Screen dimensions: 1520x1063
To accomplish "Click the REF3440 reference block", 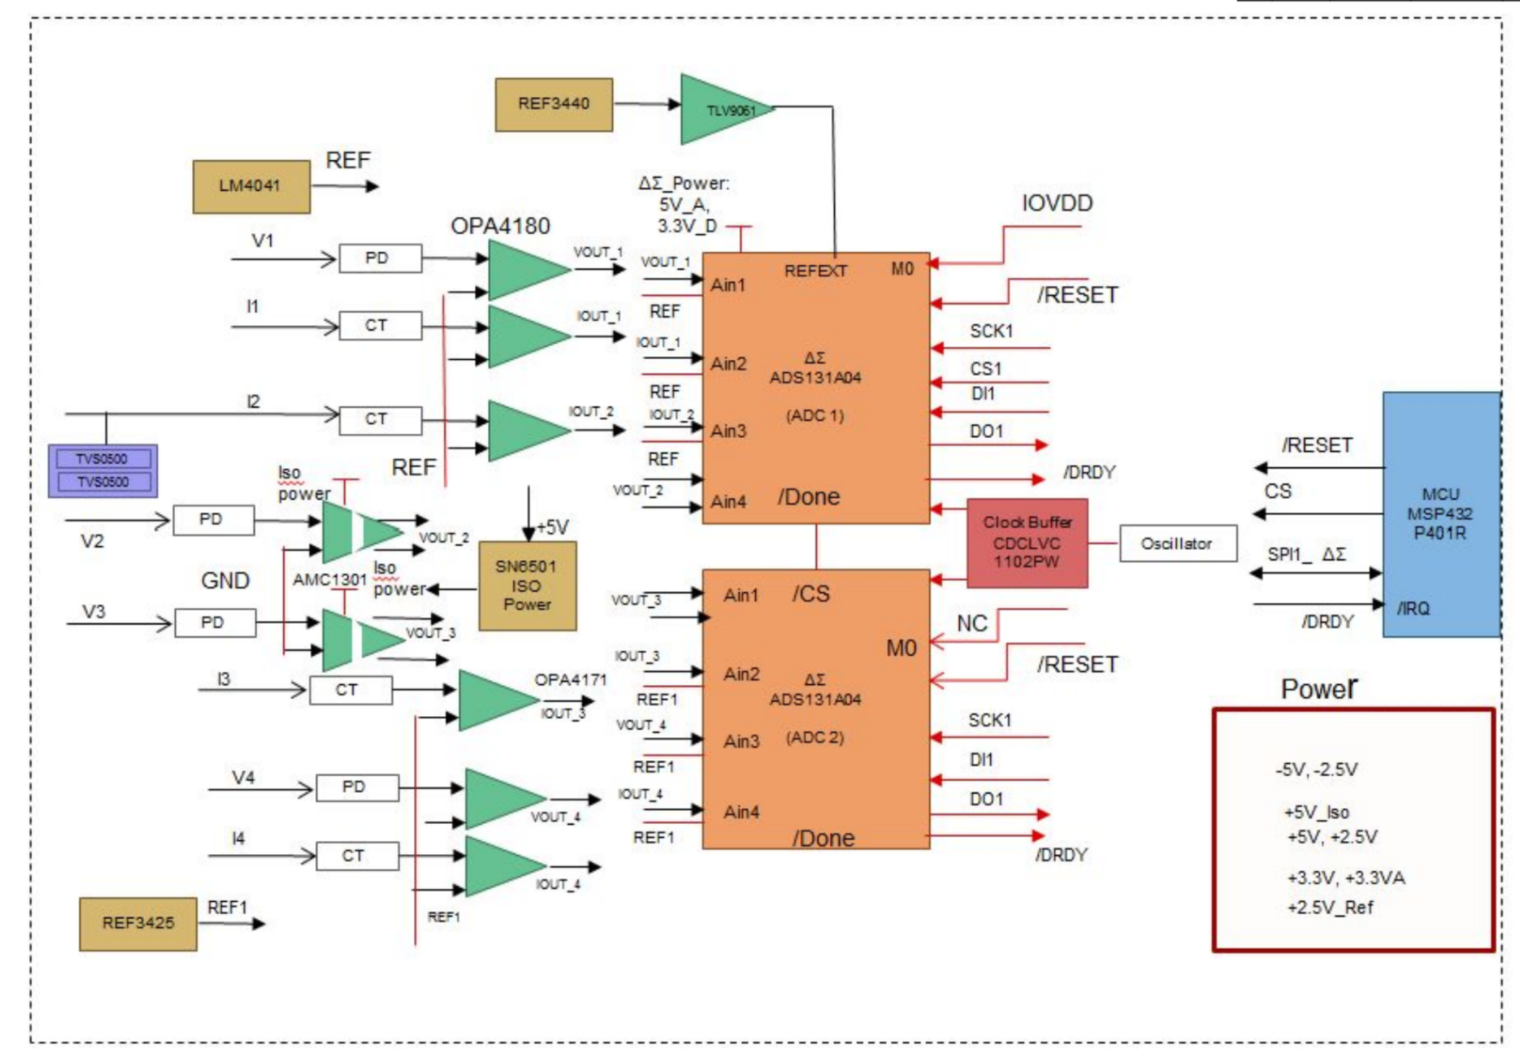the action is pyautogui.click(x=554, y=105).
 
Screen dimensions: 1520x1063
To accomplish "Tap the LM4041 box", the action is pyautogui.click(x=252, y=186).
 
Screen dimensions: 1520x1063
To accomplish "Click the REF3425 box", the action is pyautogui.click(x=138, y=924).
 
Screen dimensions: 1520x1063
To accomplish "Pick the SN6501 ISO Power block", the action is pyautogui.click(x=528, y=586).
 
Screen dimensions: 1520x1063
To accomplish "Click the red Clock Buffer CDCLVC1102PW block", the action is pyautogui.click(x=1027, y=543).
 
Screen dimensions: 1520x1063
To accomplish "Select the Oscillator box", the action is pyautogui.click(x=1178, y=543).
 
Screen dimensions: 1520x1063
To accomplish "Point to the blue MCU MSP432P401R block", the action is pyautogui.click(x=1441, y=515).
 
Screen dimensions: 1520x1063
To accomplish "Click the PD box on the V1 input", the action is pyautogui.click(x=380, y=258).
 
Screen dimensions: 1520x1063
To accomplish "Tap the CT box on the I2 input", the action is pyautogui.click(x=380, y=420).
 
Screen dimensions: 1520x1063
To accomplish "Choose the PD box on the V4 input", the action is pyautogui.click(x=357, y=788).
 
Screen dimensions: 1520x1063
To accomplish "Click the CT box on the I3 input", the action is pyautogui.click(x=351, y=690).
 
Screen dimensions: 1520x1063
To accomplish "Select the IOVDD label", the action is pyautogui.click(x=1057, y=203).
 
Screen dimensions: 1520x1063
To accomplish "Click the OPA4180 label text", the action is pyautogui.click(x=500, y=226).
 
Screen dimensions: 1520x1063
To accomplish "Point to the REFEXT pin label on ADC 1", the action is pyautogui.click(x=815, y=271).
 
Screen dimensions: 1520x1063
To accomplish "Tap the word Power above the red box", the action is pyautogui.click(x=1319, y=689).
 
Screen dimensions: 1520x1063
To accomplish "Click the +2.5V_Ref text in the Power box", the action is pyautogui.click(x=1330, y=908).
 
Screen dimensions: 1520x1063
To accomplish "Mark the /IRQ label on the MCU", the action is pyautogui.click(x=1413, y=608).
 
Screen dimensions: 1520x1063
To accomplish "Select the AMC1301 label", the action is pyautogui.click(x=330, y=580).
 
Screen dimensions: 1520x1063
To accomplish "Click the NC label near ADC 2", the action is pyautogui.click(x=972, y=624).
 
